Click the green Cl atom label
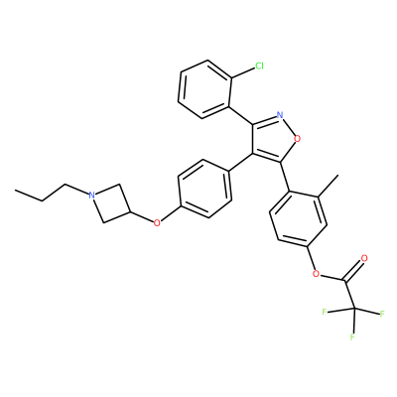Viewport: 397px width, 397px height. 259,66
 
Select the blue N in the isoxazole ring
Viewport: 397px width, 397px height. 280,115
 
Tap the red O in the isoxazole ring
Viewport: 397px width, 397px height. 298,139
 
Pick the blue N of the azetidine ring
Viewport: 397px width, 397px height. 92,196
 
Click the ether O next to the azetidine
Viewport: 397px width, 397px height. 157,223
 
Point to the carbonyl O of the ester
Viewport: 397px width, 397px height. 364,258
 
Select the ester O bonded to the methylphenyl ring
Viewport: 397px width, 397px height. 316,274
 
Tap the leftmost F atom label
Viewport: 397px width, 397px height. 325,312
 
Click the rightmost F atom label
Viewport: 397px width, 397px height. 382,314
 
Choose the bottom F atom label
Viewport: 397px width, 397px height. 352,337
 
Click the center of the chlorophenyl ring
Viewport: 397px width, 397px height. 204,89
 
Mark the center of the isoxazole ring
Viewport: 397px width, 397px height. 273,138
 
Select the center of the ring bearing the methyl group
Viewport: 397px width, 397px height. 298,219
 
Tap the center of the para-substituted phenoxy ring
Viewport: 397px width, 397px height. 204,189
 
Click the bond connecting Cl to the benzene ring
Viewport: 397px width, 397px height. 242,73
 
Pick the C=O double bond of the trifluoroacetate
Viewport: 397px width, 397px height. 353,269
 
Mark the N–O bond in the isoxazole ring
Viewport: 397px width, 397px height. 289,127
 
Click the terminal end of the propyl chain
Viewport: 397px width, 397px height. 15,191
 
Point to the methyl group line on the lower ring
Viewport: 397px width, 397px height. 329,187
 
